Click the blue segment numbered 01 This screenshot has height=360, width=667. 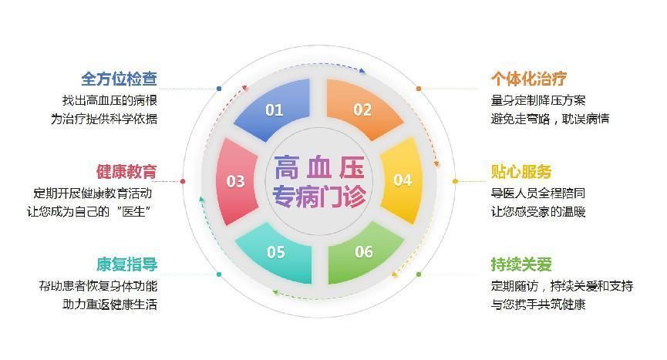pyautogui.click(x=275, y=109)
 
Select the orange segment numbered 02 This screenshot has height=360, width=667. pyautogui.click(x=362, y=109)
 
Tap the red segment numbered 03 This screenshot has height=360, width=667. pyautogui.click(x=235, y=181)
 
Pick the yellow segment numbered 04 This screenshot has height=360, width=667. pyautogui.click(x=403, y=180)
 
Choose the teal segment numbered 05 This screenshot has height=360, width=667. pyautogui.click(x=275, y=252)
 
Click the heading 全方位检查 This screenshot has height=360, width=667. pyautogui.click(x=120, y=79)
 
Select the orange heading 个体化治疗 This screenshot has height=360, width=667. pyautogui.click(x=529, y=79)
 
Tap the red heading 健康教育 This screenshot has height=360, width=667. pyautogui.click(x=126, y=171)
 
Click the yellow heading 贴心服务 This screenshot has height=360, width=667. pyautogui.click(x=522, y=171)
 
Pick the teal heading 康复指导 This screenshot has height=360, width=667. pyautogui.click(x=126, y=264)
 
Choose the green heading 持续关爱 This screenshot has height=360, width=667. pyautogui.click(x=522, y=264)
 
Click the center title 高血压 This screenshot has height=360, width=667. pyautogui.click(x=319, y=166)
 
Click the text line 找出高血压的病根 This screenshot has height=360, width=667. pyautogui.click(x=109, y=100)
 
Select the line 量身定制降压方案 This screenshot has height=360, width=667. pyautogui.click(x=538, y=100)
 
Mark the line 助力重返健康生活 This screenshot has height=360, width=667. pyautogui.click(x=109, y=304)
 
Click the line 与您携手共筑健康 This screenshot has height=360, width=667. pyautogui.click(x=538, y=304)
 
